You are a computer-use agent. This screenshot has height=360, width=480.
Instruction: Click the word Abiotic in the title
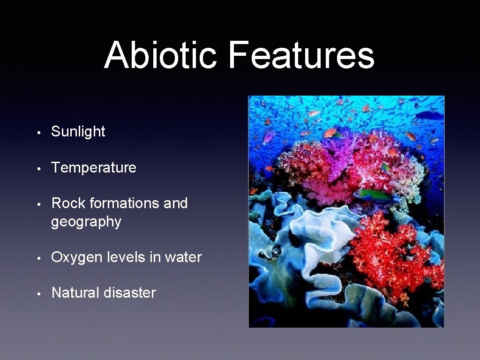tap(160, 55)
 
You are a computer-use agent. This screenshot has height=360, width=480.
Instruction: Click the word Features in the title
tap(301, 55)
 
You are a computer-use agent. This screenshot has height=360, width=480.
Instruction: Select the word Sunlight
tap(78, 132)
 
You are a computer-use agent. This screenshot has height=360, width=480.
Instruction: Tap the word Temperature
tap(94, 167)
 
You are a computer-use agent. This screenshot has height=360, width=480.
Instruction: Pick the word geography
tap(86, 222)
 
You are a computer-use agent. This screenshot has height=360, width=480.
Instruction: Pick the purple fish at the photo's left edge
tap(269, 136)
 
